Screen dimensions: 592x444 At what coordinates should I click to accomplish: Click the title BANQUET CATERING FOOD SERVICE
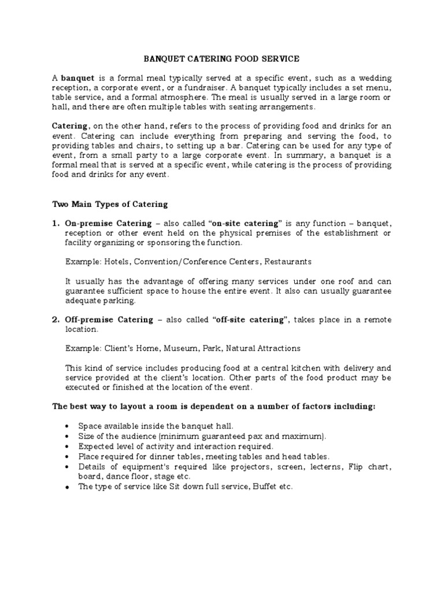(x=222, y=58)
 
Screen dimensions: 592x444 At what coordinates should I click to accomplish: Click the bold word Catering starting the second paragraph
(x=71, y=127)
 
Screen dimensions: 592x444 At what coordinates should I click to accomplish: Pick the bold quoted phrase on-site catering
(x=247, y=223)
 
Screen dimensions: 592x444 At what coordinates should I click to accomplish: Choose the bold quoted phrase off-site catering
(x=250, y=320)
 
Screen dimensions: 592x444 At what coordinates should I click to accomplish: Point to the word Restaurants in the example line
(x=287, y=262)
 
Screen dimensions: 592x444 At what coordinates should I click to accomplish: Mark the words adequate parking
(x=99, y=301)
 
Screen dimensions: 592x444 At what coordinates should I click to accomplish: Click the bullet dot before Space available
(x=68, y=427)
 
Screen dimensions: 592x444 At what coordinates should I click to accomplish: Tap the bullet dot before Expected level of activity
(x=68, y=447)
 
